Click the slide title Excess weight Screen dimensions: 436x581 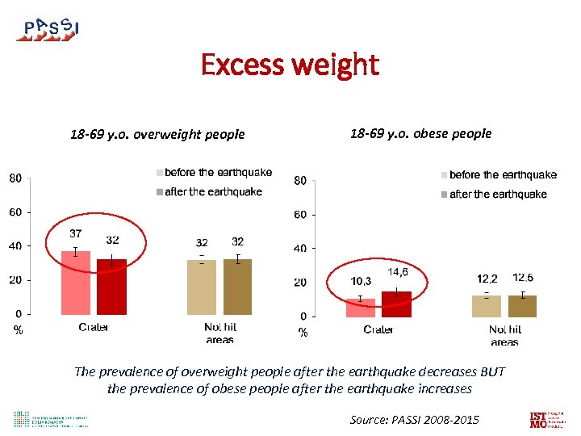coord(290,65)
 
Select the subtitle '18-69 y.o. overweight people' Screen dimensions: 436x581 coord(157,134)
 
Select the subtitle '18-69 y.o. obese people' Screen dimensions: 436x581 coord(420,133)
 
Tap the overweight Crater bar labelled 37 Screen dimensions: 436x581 coord(76,283)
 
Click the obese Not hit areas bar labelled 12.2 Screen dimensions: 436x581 coord(487,306)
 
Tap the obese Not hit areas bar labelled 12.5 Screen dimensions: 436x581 coord(522,306)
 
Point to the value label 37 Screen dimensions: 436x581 coord(74,233)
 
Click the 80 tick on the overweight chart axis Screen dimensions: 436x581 coord(15,178)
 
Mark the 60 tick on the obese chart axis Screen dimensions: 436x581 coord(299,215)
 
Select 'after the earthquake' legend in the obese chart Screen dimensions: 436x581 coord(497,194)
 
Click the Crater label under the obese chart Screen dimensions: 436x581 coord(378,329)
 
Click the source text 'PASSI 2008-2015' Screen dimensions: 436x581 coord(414,419)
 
